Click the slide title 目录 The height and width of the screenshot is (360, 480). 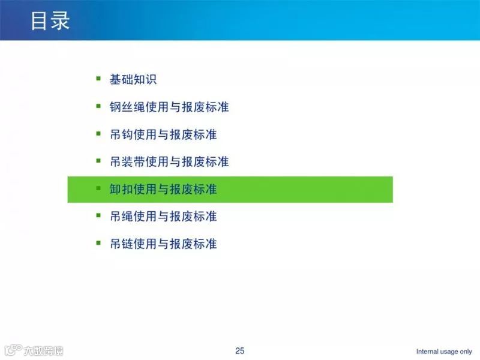(x=50, y=20)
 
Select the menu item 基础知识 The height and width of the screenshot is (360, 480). (x=133, y=79)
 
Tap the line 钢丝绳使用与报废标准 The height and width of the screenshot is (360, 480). (x=169, y=107)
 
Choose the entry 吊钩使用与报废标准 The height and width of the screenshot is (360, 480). (x=163, y=134)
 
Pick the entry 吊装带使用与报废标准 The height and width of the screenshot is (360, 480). (x=169, y=162)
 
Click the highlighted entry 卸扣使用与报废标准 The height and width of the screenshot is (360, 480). (x=163, y=190)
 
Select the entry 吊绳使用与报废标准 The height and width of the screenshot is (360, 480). (x=163, y=216)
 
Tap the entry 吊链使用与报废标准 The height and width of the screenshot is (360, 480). (x=163, y=244)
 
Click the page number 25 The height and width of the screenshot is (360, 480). (x=240, y=351)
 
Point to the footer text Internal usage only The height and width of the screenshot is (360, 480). (x=444, y=352)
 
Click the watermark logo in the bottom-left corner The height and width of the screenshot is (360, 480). (x=33, y=350)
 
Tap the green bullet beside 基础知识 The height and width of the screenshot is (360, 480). (x=98, y=78)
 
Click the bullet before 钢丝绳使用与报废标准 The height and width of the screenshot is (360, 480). (x=98, y=106)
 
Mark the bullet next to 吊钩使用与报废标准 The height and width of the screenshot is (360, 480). (x=98, y=133)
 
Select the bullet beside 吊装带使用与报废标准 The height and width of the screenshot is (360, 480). (x=98, y=161)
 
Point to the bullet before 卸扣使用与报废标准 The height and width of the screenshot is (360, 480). (x=98, y=188)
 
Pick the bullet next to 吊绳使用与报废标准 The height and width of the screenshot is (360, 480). (x=98, y=215)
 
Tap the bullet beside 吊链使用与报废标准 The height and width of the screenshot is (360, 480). (x=98, y=242)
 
